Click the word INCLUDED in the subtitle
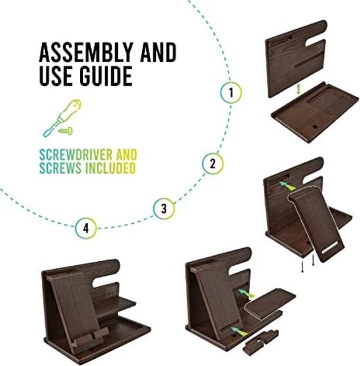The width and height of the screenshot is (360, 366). (111, 168)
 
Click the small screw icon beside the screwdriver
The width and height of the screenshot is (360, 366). (65, 131)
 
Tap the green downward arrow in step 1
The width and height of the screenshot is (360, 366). (298, 90)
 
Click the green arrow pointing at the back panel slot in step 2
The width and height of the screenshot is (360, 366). (287, 185)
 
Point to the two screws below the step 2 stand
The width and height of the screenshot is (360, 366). (308, 263)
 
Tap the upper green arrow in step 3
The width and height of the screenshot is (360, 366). (246, 293)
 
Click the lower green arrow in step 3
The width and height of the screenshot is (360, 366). (240, 331)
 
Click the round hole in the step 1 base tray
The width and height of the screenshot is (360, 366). (315, 127)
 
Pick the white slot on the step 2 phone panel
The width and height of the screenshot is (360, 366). (330, 248)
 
